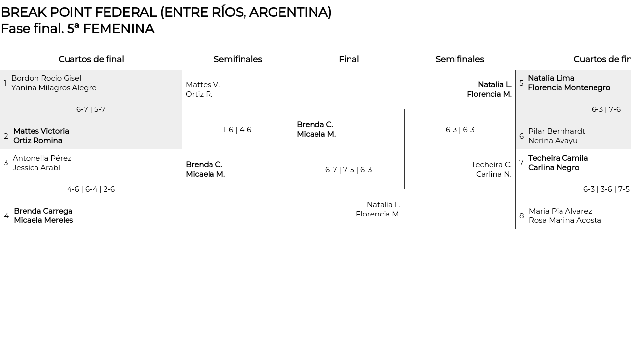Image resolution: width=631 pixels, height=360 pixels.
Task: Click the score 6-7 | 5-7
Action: coord(91,109)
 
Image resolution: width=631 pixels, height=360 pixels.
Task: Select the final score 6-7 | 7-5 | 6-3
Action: coord(349,170)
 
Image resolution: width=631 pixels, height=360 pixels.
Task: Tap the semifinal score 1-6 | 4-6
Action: coord(237,130)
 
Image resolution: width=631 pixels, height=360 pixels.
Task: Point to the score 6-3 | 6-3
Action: coord(460,130)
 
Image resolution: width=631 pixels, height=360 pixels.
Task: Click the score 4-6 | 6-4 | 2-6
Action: coord(91,189)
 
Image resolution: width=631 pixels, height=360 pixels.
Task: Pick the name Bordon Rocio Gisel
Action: coord(46,78)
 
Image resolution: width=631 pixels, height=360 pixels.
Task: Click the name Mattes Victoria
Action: coord(41,131)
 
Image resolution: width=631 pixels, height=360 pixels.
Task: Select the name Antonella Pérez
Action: coord(42,158)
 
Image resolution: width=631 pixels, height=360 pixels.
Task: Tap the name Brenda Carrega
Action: coord(43,211)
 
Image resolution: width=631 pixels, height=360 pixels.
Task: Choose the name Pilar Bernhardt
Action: coord(557,131)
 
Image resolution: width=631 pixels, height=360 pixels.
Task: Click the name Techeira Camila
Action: coord(558,158)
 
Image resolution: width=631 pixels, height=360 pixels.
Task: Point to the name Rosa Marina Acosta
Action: coord(565,220)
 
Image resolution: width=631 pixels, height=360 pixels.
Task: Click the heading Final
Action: coord(349,59)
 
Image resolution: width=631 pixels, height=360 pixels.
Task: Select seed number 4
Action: coord(6,216)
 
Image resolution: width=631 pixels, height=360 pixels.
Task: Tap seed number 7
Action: coord(521,163)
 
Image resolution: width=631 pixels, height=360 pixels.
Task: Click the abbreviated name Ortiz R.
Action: coord(199,94)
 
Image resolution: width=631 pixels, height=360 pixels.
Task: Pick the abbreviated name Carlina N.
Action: coord(494,174)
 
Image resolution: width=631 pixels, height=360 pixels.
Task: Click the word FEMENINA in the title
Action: coord(119,29)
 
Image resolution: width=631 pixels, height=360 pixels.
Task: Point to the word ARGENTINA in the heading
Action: coord(290,12)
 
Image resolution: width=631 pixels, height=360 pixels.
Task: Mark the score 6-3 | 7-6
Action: coord(606,109)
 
